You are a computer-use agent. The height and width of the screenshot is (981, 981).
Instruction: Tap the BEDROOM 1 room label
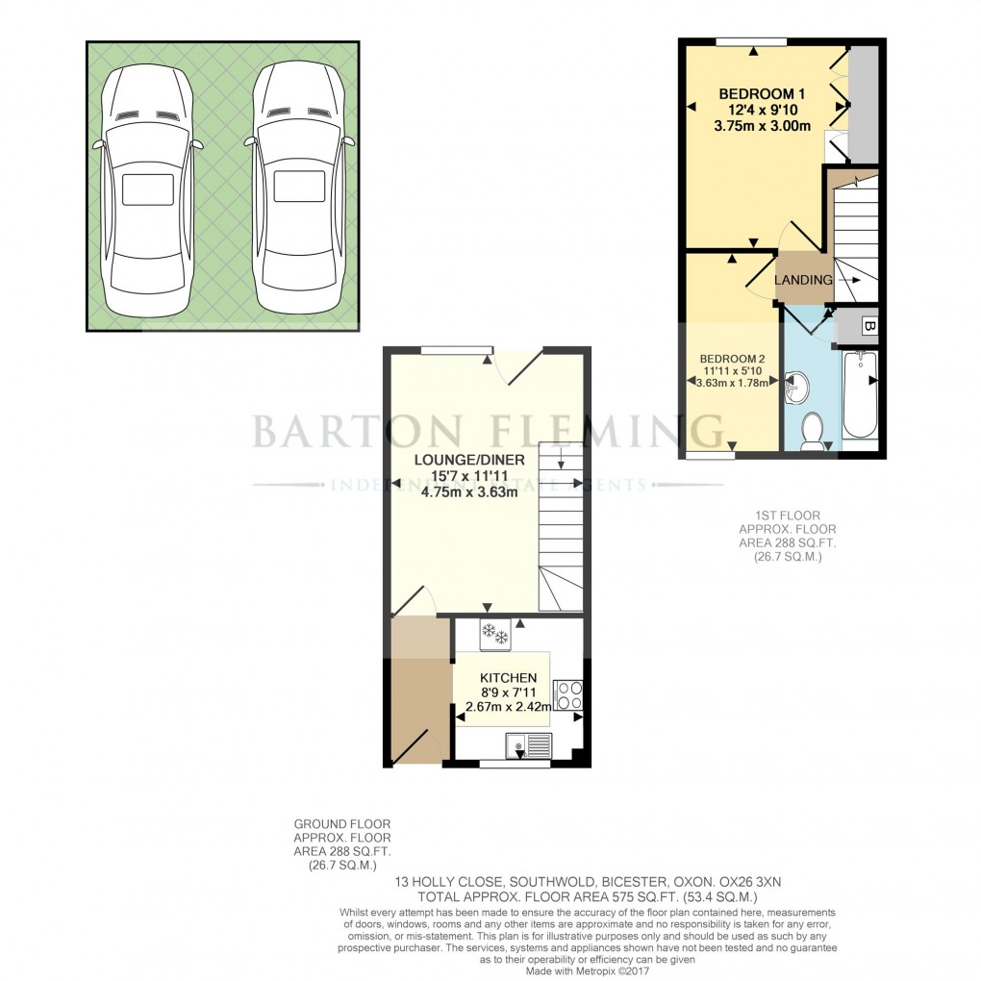(763, 93)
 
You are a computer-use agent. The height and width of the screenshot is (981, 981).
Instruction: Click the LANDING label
(804, 280)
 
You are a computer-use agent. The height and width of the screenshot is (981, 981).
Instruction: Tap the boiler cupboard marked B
(869, 327)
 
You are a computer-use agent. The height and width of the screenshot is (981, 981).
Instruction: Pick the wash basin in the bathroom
(797, 388)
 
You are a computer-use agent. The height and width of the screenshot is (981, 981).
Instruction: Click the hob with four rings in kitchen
(567, 694)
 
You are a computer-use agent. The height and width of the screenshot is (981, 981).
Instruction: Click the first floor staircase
(856, 240)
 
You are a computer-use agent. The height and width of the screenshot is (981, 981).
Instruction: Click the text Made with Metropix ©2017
(588, 969)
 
